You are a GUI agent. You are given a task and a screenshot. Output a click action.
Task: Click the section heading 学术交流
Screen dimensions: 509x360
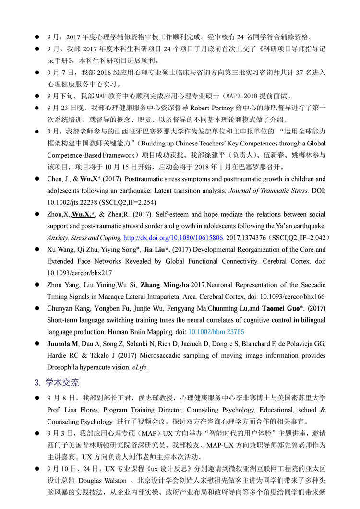62,383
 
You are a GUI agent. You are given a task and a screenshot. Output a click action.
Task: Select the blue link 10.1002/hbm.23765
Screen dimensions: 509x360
216,332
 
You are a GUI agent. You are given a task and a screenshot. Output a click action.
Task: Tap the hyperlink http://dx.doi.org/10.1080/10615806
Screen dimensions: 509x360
173,238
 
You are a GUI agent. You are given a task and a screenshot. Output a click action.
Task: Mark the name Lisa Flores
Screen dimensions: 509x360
76,410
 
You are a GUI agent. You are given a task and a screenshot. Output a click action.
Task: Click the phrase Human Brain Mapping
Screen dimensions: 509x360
150,332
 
